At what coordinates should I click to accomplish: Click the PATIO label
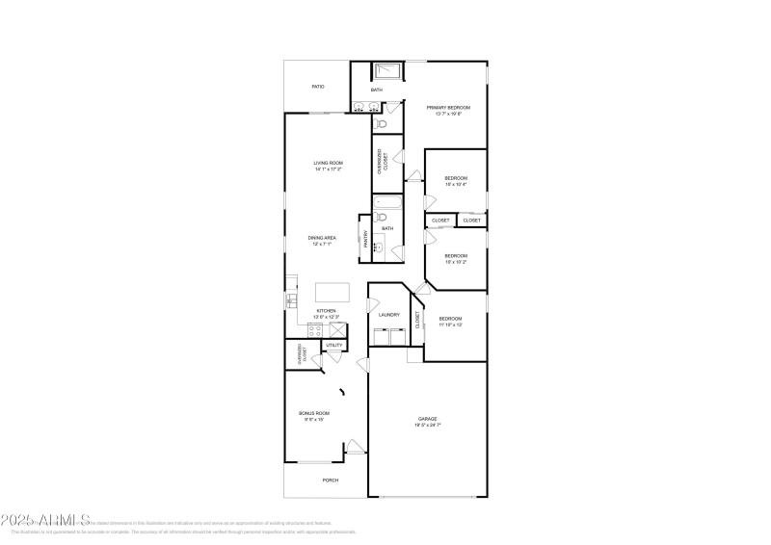[x=317, y=87]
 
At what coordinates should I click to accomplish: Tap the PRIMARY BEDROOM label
[x=448, y=107]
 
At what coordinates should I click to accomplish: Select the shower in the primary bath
[x=388, y=70]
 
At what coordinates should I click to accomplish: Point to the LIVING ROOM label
[x=328, y=163]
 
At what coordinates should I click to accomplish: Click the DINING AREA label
[x=322, y=238]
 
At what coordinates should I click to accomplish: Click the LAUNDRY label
[x=389, y=315]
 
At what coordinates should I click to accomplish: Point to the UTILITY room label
[x=333, y=345]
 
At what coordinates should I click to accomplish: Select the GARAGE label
[x=428, y=419]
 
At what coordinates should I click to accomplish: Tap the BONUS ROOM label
[x=313, y=413]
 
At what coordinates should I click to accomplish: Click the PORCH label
[x=330, y=480]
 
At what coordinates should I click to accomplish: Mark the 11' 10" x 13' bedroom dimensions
[x=450, y=324]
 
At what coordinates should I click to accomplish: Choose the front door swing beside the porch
[x=355, y=447]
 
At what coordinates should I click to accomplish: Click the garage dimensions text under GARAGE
[x=428, y=425]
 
